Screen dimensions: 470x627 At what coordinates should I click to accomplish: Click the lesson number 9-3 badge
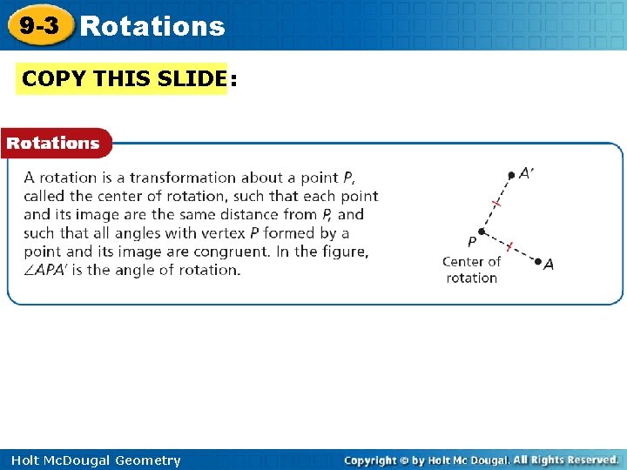click(40, 26)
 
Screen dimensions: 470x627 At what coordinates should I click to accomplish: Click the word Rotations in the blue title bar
click(152, 27)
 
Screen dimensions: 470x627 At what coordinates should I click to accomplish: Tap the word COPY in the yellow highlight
click(54, 78)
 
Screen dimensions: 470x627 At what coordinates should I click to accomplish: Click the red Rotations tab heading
click(53, 143)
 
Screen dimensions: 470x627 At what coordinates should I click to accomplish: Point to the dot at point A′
click(511, 175)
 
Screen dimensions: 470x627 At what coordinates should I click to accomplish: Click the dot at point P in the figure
click(481, 231)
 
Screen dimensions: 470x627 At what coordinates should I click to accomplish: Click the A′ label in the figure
click(527, 173)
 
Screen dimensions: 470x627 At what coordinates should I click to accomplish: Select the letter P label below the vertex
click(472, 242)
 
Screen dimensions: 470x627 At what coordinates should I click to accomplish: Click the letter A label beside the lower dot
click(549, 265)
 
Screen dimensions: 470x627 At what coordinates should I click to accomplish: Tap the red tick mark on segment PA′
click(496, 203)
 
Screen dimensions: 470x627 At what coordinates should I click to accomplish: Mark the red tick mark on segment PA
click(509, 246)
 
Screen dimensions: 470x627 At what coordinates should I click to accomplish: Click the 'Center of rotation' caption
click(471, 270)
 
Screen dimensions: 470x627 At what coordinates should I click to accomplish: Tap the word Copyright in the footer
click(377, 460)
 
